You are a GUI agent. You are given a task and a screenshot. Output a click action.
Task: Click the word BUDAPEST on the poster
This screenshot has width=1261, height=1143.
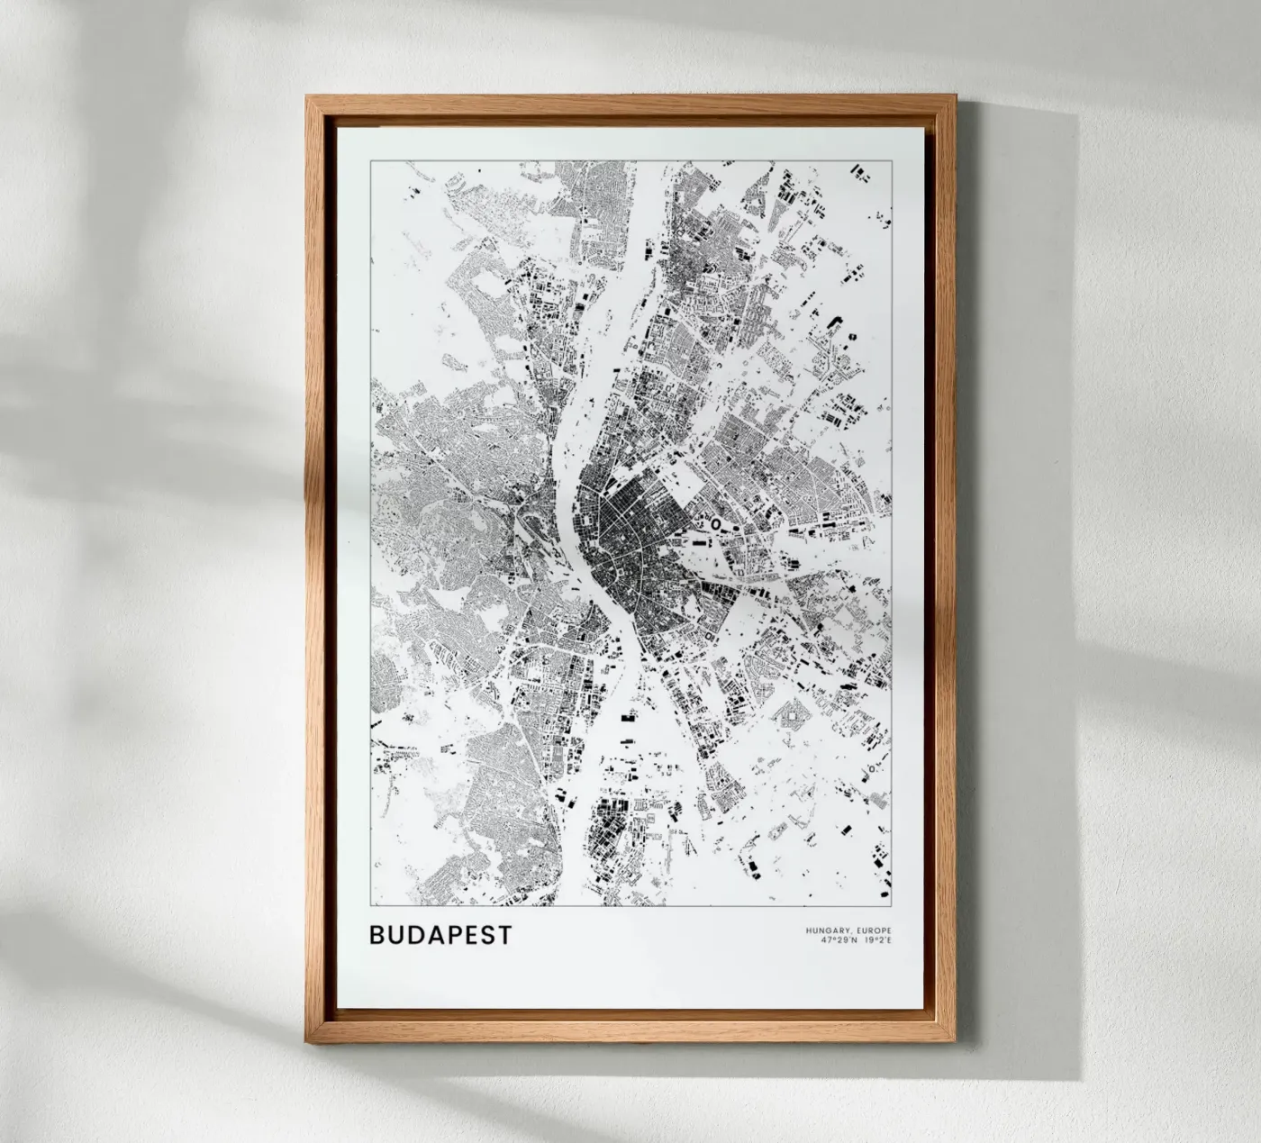pos(440,935)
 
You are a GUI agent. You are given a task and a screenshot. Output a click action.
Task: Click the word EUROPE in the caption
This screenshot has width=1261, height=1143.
pos(872,930)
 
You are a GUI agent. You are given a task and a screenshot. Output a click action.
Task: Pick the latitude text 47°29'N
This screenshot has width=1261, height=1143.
pos(839,941)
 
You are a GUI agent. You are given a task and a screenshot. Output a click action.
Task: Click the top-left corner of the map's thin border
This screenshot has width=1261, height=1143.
pos(370,160)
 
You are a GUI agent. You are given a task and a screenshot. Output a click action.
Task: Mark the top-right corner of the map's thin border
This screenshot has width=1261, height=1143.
pos(892,160)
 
